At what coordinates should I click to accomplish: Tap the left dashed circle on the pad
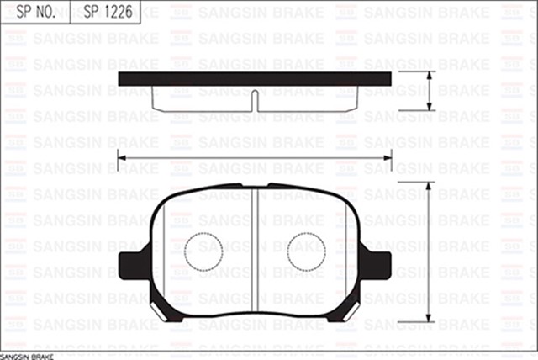pos(203,251)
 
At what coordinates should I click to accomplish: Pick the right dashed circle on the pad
pos(306,251)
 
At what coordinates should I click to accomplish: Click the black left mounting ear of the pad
pos(133,262)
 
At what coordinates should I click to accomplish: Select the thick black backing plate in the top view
pos(255,78)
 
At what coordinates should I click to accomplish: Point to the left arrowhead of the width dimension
pos(121,156)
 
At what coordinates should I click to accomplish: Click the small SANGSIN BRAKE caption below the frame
pos(26,356)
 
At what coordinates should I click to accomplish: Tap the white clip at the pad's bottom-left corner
pos(157,309)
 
